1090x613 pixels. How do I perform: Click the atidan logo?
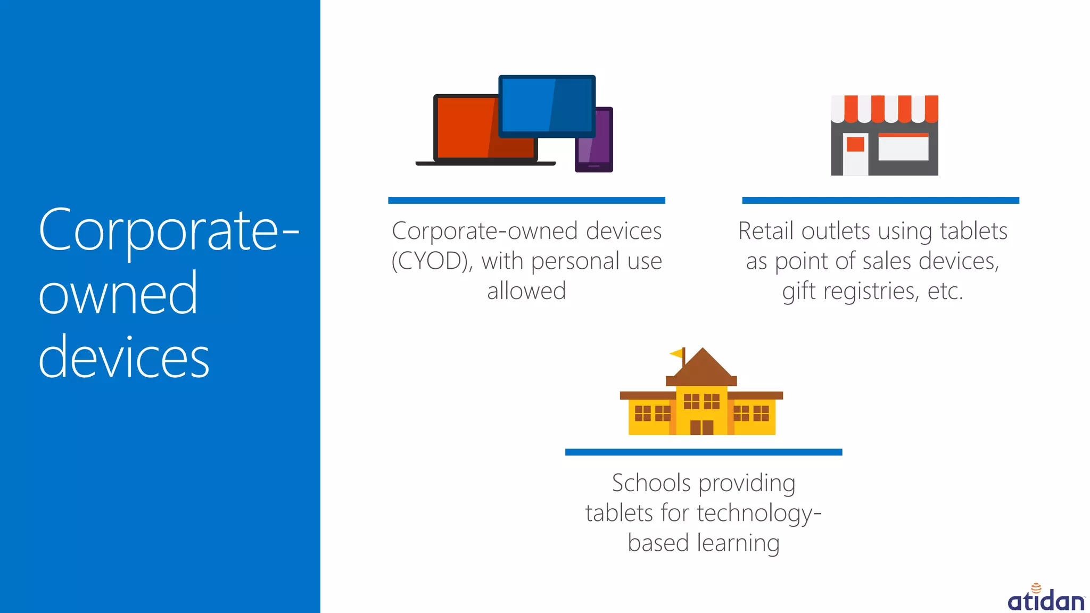[x=1046, y=599]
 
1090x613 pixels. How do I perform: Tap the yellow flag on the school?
[x=677, y=353]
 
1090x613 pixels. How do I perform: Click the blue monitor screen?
[x=547, y=105]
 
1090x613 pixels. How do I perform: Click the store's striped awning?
[x=885, y=108]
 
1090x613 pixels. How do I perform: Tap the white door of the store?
[x=855, y=154]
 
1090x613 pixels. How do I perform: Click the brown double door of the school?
[x=701, y=427]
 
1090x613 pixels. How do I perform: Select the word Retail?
[x=766, y=231]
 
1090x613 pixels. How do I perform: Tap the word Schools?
[x=651, y=483]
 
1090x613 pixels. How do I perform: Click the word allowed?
[x=526, y=291]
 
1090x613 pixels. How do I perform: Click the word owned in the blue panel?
[x=118, y=294]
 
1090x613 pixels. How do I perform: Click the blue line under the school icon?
[x=703, y=452]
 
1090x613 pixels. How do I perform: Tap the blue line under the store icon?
[x=880, y=201]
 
